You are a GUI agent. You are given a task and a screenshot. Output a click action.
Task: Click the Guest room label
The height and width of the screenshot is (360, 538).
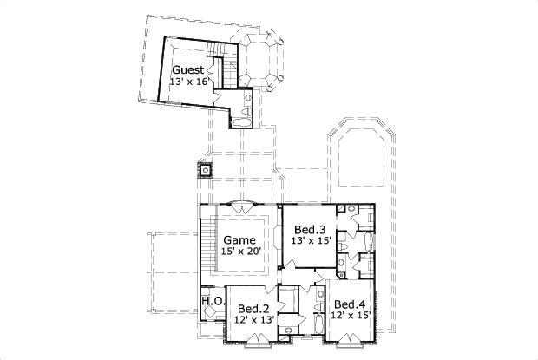pyautogui.click(x=187, y=70)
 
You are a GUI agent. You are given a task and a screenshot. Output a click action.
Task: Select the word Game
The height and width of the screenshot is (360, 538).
pyautogui.click(x=239, y=240)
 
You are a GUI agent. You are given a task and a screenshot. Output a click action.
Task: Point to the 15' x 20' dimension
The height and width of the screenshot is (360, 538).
pyautogui.click(x=239, y=252)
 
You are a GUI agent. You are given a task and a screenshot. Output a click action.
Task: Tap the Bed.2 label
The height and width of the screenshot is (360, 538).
pyautogui.click(x=253, y=308)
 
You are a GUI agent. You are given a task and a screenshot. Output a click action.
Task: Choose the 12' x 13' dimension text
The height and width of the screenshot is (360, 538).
pyautogui.click(x=253, y=319)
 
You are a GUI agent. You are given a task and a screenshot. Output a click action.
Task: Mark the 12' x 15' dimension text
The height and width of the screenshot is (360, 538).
pyautogui.click(x=349, y=315)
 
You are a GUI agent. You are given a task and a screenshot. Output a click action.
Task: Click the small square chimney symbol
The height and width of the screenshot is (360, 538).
pyautogui.click(x=206, y=169)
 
